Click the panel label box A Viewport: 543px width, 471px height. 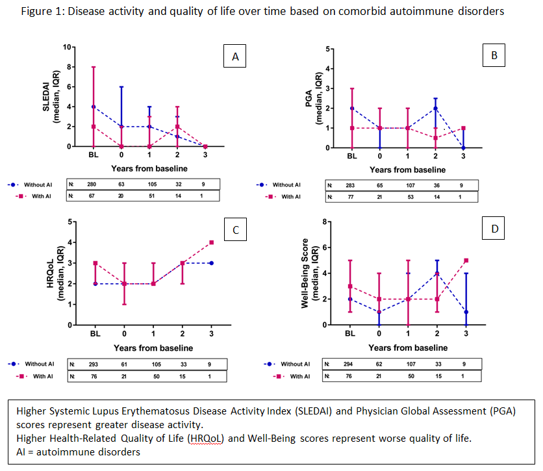point(235,57)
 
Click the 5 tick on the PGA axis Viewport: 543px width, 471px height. point(329,49)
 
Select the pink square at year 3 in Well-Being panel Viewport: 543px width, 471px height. point(466,261)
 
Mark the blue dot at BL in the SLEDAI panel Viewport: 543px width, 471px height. point(94,107)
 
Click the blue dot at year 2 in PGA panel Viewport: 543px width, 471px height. point(436,108)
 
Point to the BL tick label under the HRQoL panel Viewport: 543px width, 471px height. point(95,334)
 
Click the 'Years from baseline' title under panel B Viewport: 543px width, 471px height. point(407,170)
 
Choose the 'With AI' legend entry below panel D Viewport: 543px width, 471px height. point(295,376)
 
